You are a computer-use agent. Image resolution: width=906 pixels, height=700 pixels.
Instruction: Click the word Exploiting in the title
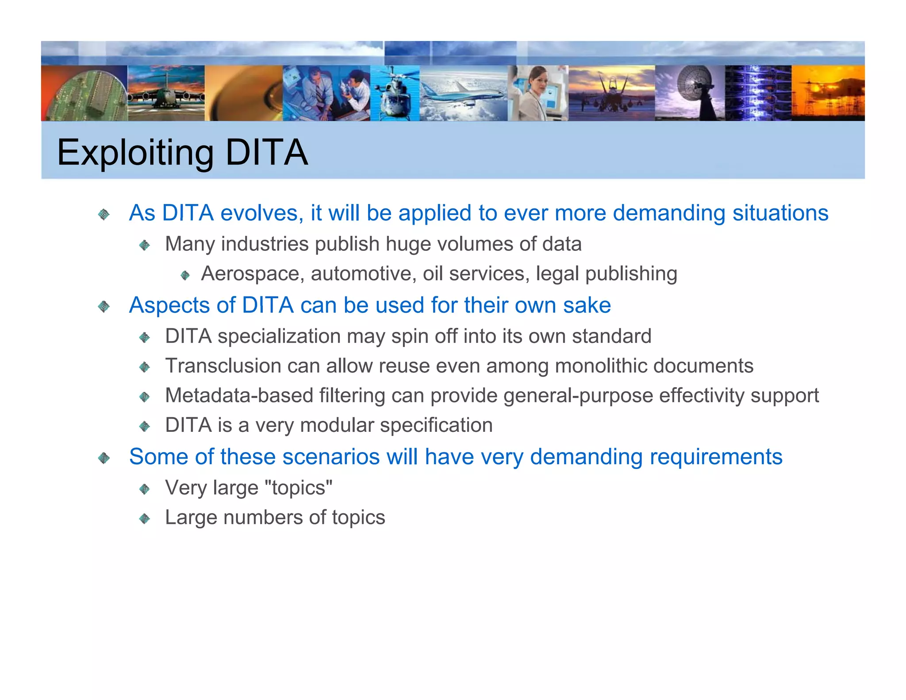point(135,153)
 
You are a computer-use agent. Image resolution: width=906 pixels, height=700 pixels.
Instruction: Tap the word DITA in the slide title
point(266,152)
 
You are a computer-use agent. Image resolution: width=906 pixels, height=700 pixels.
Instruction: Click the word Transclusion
point(223,366)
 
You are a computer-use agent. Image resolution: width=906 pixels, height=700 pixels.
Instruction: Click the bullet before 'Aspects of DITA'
point(104,306)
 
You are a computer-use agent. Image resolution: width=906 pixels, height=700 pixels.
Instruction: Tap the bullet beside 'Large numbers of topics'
point(144,519)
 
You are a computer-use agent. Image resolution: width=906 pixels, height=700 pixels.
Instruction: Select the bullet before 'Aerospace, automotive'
point(185,276)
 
